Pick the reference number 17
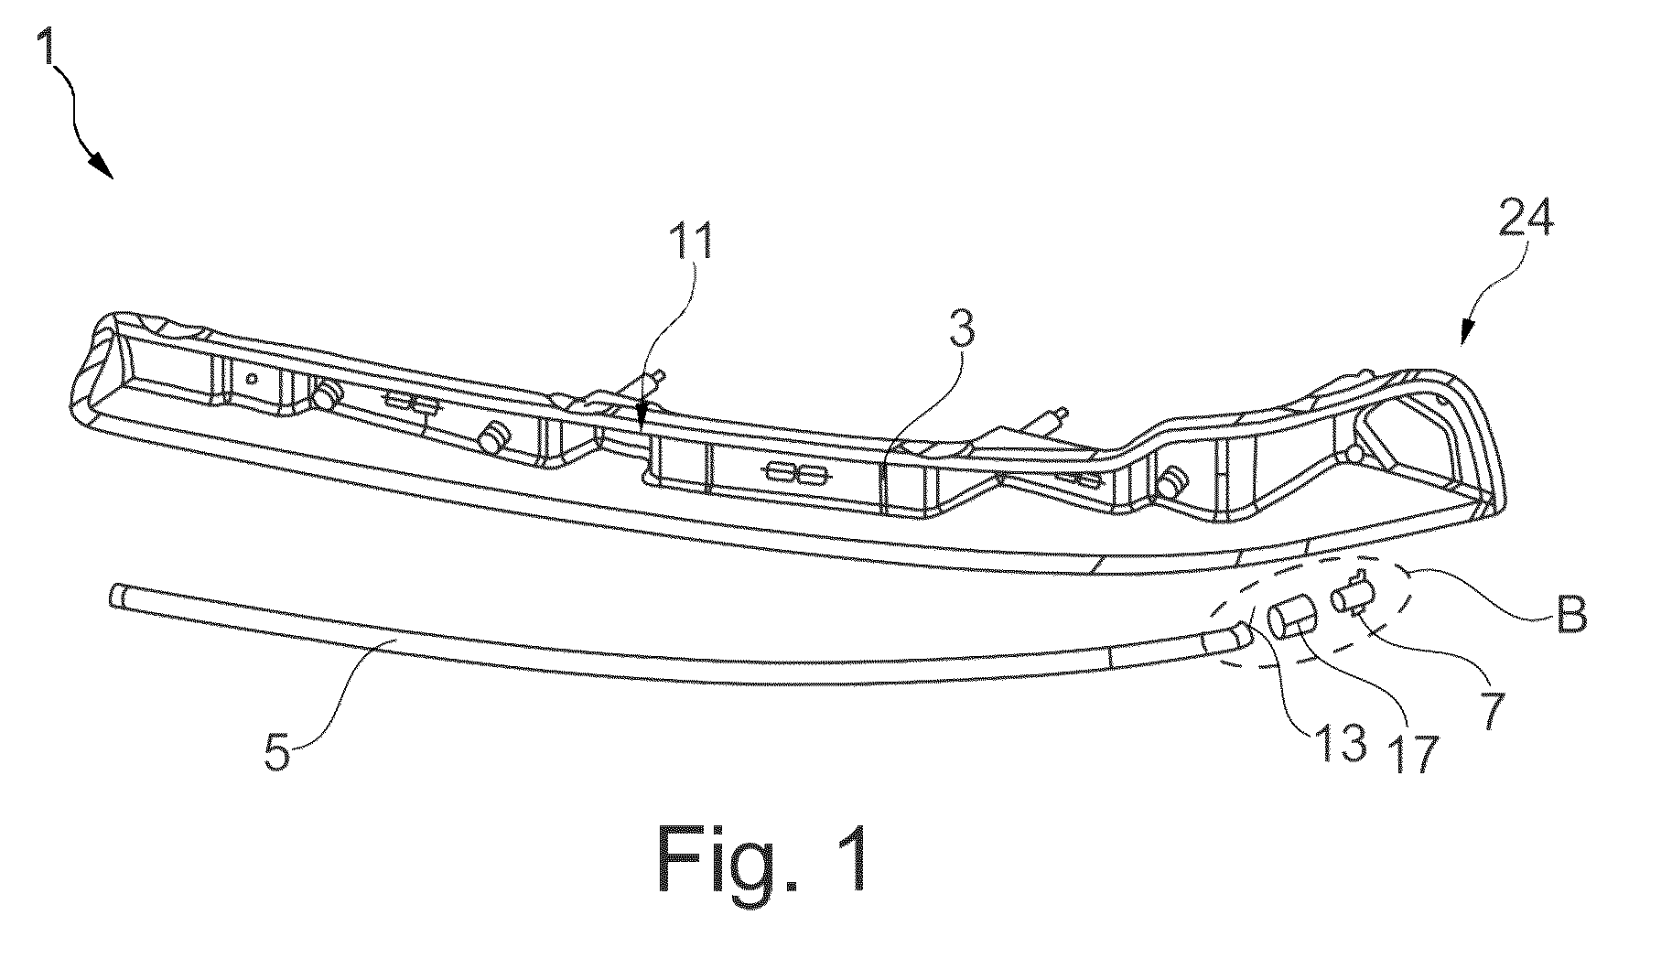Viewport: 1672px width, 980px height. pyautogui.click(x=1415, y=751)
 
